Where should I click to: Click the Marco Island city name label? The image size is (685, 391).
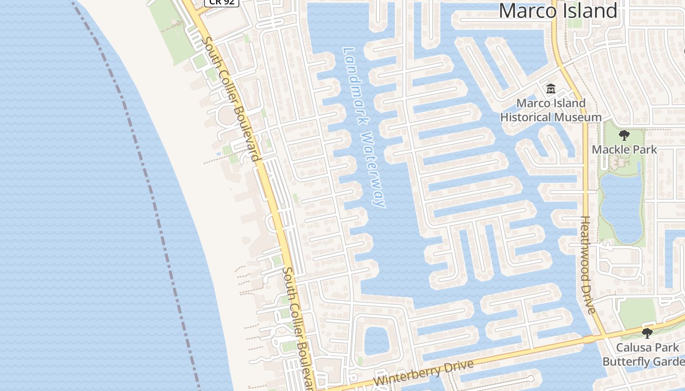[558, 11]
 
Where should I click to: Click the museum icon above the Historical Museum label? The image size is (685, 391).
[551, 89]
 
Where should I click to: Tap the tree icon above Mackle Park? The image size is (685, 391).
[624, 135]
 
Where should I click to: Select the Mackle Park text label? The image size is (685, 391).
[624, 150]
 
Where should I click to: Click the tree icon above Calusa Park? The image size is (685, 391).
[647, 333]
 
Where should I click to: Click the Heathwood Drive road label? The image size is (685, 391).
[588, 265]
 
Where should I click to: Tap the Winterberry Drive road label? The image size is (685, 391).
[424, 372]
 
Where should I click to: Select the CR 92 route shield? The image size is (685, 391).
[221, 2]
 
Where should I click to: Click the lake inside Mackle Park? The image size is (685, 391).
[621, 205]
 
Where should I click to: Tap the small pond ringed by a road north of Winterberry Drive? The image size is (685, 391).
[377, 340]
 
